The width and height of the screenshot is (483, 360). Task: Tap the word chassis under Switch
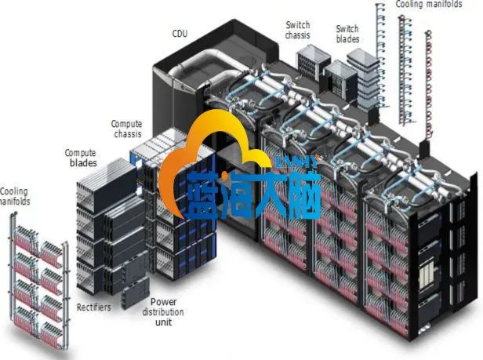click(x=298, y=35)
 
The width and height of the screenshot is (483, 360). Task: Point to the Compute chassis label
click(x=126, y=129)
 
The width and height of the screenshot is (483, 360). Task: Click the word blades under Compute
click(x=81, y=163)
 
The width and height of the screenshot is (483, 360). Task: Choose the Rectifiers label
click(x=93, y=307)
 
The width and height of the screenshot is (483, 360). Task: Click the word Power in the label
click(x=163, y=302)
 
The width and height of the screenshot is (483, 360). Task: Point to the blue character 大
click(x=284, y=192)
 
